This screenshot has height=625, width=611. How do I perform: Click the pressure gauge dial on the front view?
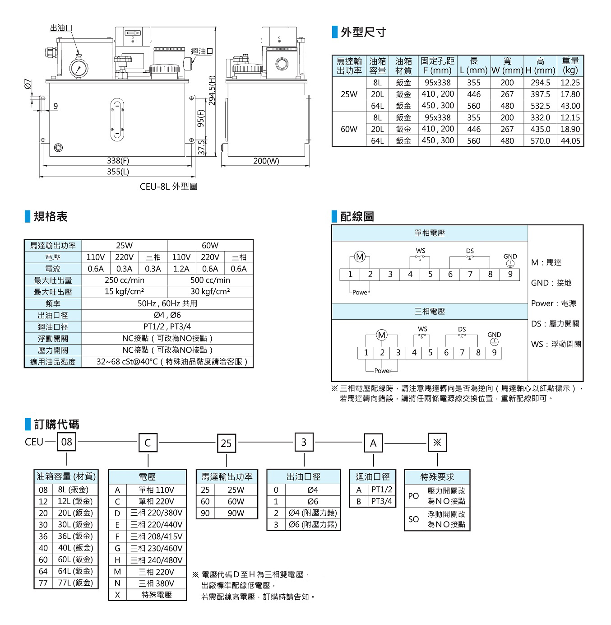(x=79, y=68)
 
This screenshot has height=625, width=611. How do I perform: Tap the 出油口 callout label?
(x=61, y=28)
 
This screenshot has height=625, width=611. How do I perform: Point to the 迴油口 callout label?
(x=202, y=51)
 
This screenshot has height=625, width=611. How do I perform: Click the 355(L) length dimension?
(x=118, y=172)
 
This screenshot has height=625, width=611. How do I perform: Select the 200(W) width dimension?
(x=266, y=161)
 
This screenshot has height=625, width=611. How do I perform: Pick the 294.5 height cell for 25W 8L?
(x=540, y=83)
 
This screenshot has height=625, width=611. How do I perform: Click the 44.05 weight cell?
(x=570, y=141)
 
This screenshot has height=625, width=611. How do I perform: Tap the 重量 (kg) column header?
(x=570, y=65)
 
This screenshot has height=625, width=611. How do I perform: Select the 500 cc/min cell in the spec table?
(x=210, y=280)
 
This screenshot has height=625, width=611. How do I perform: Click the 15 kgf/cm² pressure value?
(x=124, y=292)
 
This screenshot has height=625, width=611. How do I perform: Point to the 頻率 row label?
(x=53, y=303)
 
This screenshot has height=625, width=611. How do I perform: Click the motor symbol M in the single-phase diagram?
(x=360, y=257)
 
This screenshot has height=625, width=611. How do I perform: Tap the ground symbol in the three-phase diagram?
(x=494, y=342)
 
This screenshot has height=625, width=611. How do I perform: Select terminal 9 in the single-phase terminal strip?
(x=510, y=274)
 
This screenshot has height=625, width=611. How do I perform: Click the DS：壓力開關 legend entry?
(x=555, y=324)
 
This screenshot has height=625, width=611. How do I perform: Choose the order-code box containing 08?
(x=67, y=442)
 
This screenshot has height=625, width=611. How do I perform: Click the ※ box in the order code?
(x=437, y=443)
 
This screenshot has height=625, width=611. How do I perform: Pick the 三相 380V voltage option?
(x=156, y=583)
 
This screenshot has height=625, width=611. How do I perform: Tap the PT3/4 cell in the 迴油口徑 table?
(x=381, y=501)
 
